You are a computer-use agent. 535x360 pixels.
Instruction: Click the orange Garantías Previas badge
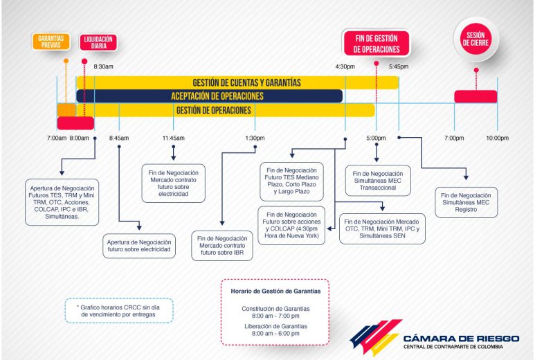click(x=51, y=42)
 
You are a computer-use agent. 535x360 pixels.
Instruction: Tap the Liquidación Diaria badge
click(x=98, y=42)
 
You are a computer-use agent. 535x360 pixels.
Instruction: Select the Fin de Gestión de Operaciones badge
click(x=377, y=44)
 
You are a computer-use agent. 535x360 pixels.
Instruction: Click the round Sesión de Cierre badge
click(x=476, y=39)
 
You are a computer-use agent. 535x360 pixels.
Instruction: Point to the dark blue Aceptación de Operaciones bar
click(x=210, y=96)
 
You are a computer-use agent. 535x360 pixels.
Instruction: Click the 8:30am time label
click(x=103, y=66)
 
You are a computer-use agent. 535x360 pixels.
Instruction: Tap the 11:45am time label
click(x=173, y=138)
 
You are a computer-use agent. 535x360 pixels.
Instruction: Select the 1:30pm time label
click(x=255, y=138)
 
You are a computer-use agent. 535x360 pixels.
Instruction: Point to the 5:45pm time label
click(x=399, y=66)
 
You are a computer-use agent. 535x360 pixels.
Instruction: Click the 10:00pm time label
click(x=497, y=138)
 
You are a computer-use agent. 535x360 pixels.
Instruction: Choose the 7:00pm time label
click(x=454, y=138)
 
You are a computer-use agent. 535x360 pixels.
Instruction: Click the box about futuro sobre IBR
click(x=222, y=246)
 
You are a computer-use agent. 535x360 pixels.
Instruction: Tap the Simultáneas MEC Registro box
click(x=466, y=202)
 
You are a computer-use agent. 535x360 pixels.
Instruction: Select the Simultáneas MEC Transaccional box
click(x=378, y=181)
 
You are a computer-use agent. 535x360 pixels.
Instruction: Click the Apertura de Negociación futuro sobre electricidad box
click(x=139, y=246)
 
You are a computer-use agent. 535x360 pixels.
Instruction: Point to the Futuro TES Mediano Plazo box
click(x=291, y=181)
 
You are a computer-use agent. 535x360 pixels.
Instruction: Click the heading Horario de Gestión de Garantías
click(x=275, y=291)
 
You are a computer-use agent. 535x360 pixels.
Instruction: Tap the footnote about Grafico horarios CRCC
click(x=119, y=311)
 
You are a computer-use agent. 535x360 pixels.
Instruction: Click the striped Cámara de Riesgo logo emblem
click(x=376, y=336)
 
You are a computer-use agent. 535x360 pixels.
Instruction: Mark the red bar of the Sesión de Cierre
click(x=475, y=96)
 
